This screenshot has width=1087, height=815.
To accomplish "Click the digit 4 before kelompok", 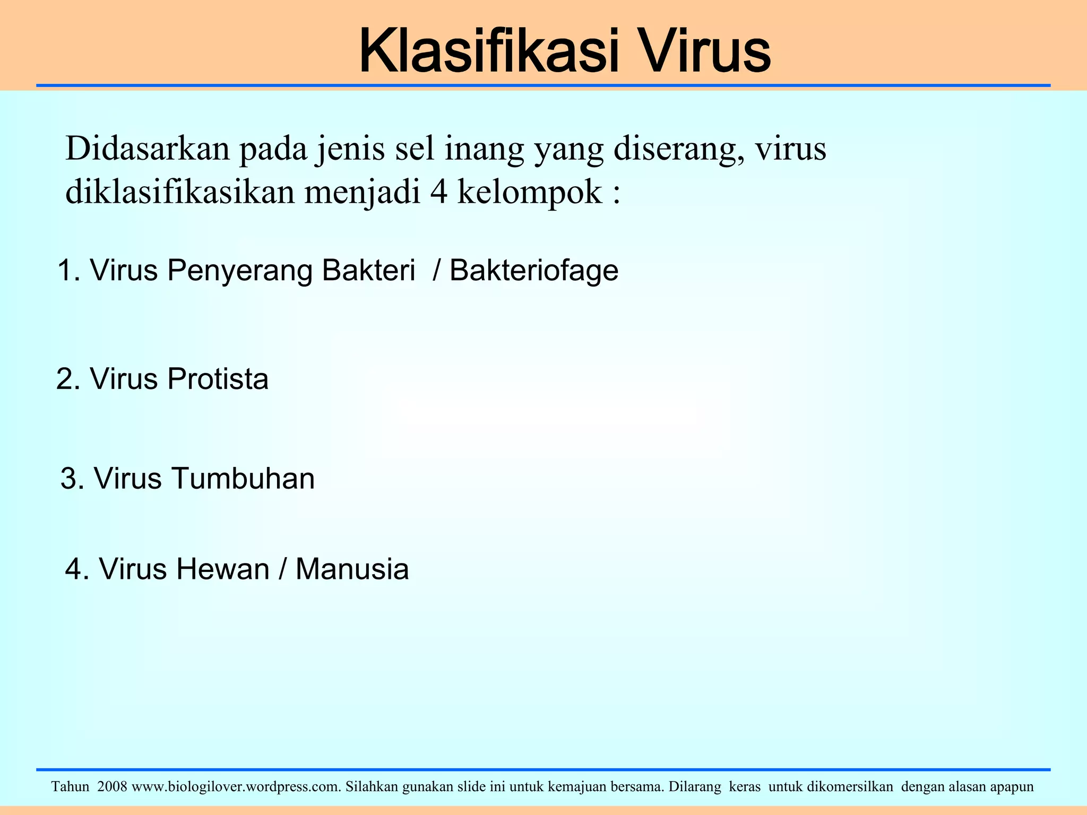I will (438, 192).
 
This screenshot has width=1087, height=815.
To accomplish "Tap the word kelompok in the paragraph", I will (530, 192).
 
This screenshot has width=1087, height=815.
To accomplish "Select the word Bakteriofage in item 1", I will (534, 271).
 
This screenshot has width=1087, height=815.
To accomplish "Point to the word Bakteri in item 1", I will (368, 271).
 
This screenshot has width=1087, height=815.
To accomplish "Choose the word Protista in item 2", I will (218, 379).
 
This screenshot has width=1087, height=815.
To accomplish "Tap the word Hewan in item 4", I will (222, 569).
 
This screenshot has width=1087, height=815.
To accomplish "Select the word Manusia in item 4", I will (352, 569).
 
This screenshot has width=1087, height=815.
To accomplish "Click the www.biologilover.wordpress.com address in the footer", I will (236, 786).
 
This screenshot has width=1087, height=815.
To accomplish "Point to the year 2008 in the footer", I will (112, 786).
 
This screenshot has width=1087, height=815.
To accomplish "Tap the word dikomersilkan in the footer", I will (850, 786).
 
